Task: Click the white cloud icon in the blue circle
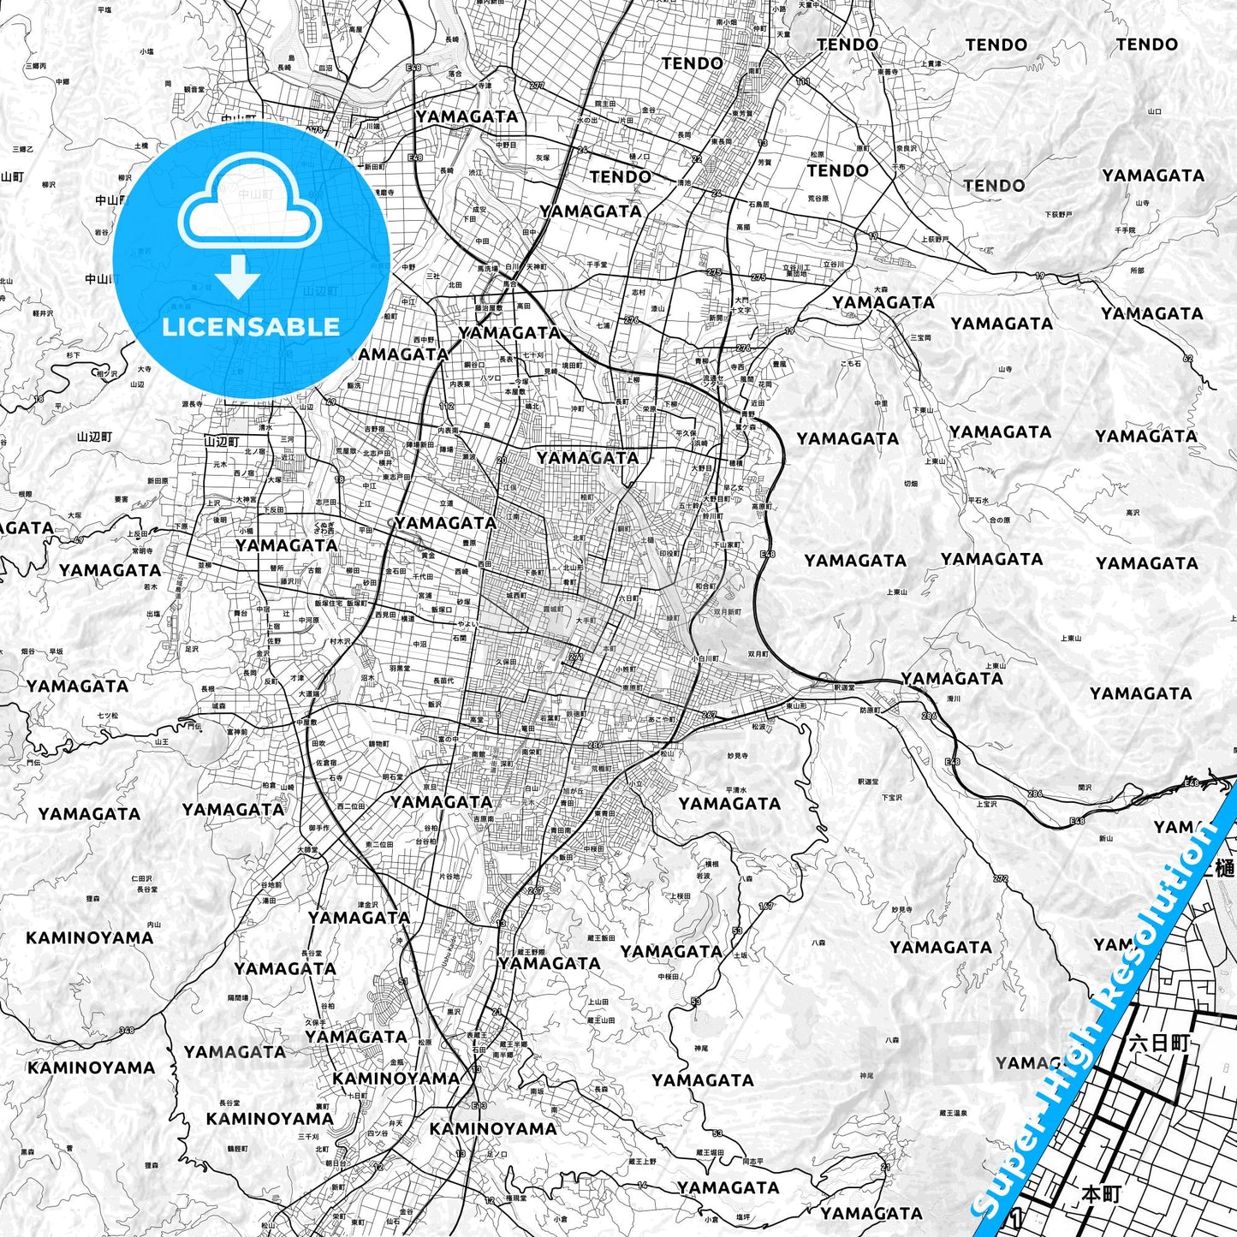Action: point(249,211)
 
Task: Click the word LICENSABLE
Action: point(251,327)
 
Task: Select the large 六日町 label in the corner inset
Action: point(1159,1044)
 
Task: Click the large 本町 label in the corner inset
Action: point(1101,1194)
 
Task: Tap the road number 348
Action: point(127,1030)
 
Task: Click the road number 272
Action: point(1001,878)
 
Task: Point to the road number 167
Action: point(766,906)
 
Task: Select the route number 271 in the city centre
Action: point(575,657)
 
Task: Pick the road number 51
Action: point(403,982)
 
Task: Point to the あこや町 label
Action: point(663,719)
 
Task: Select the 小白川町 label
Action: point(705,658)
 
